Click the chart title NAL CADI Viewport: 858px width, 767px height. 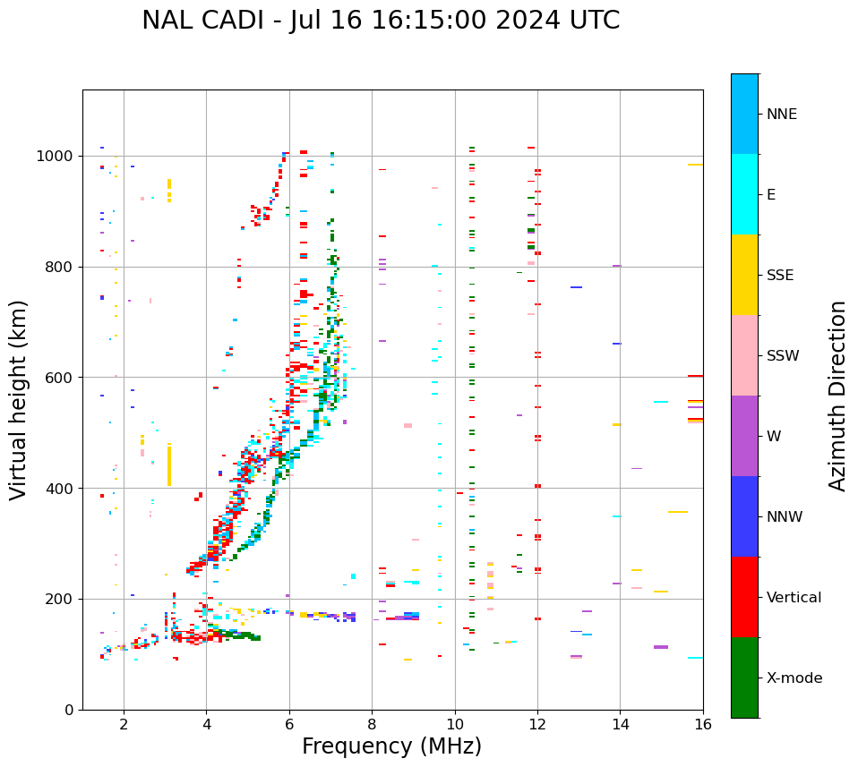click(380, 21)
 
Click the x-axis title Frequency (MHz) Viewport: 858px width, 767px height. click(391, 746)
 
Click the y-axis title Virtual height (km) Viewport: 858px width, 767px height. click(19, 399)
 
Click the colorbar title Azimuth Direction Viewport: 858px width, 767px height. click(837, 396)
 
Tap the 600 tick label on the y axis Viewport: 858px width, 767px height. click(62, 378)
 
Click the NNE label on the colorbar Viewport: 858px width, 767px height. click(781, 115)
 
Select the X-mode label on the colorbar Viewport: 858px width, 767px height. click(794, 678)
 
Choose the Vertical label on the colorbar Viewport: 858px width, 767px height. click(794, 598)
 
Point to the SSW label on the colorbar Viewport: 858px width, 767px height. click(783, 356)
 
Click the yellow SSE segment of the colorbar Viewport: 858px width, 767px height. click(744, 275)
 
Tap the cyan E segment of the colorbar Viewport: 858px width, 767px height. click(744, 194)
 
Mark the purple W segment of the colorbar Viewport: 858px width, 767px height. click(744, 436)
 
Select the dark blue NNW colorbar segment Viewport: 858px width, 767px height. click(744, 516)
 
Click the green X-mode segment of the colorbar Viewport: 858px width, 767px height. click(744, 678)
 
